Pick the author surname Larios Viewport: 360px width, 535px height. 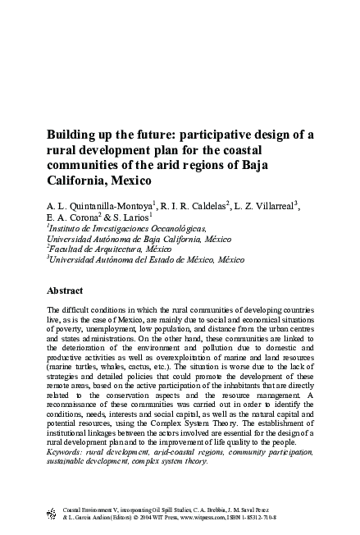[x=130, y=217]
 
